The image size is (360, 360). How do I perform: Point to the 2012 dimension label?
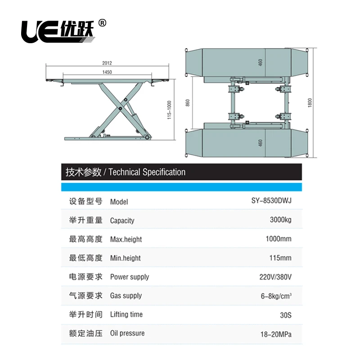(107, 63)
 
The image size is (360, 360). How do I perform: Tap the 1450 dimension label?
(107, 72)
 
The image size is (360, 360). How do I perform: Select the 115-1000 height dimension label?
(169, 109)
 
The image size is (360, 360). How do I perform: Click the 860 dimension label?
(188, 103)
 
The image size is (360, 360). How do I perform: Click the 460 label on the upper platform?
(260, 63)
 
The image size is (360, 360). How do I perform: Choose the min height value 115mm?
(281, 258)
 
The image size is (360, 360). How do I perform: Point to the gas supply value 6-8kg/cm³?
(277, 296)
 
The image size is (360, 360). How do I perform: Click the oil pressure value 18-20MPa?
(277, 333)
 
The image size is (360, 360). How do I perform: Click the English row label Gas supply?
(126, 296)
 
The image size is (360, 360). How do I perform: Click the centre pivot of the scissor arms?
(120, 108)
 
